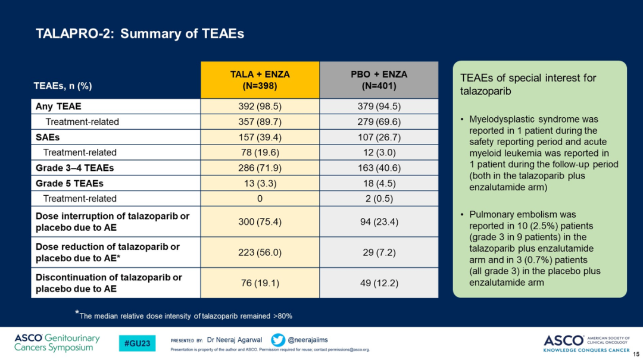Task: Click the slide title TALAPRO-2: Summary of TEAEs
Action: coord(140,34)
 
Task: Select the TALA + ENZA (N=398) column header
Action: coord(260,80)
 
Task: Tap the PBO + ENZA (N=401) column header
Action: coord(379,80)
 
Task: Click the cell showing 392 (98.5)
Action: coord(260,107)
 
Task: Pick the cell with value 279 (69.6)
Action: coord(379,122)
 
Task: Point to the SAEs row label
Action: coord(48,137)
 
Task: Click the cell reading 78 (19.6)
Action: coord(260,152)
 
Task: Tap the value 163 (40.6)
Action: coord(379,168)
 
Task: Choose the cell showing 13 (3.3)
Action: coord(260,183)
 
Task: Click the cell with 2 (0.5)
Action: coord(379,199)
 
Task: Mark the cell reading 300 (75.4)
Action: coord(260,222)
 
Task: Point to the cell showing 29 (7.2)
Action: coord(379,252)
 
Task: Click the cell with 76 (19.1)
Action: coord(260,283)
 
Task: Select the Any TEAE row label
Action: coord(58,107)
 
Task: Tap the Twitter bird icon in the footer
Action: coord(277,340)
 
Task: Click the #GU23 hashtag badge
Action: coord(137,343)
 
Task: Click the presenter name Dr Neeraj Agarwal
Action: coord(235,340)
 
